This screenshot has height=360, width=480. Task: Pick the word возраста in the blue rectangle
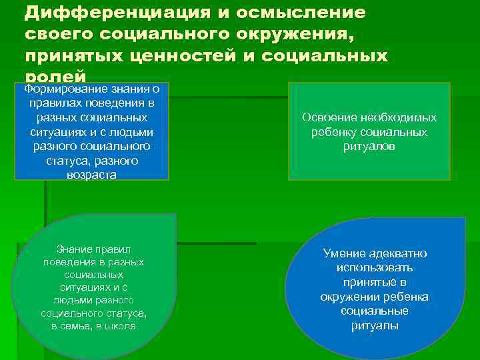(91, 175)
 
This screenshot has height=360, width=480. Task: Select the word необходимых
(399, 117)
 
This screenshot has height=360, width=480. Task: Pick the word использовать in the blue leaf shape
(375, 268)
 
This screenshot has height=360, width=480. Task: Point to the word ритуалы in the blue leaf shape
(375, 326)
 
